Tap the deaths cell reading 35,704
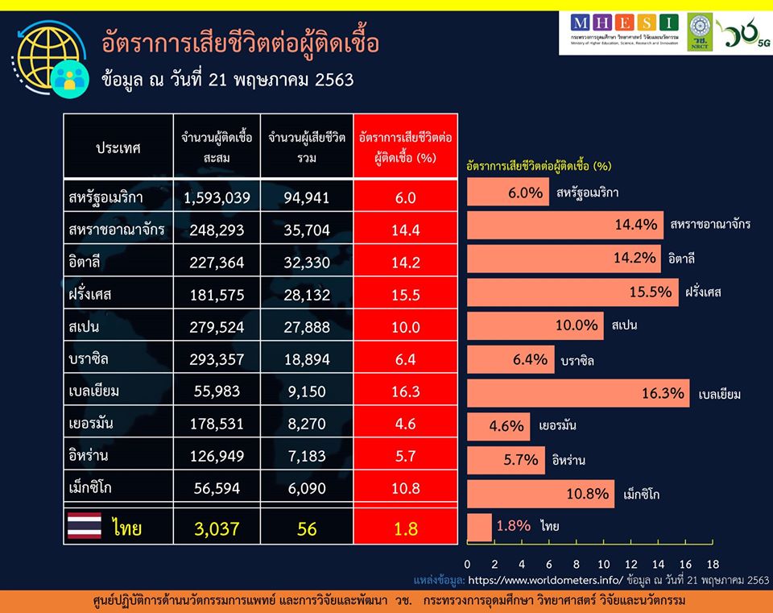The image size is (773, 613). click(x=307, y=230)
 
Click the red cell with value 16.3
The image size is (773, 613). click(x=405, y=391)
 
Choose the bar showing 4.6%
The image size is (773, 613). click(x=498, y=426)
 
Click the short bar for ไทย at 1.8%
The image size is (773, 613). click(x=479, y=527)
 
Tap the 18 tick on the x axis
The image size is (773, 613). click(x=713, y=564)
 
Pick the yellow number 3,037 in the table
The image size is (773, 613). click(x=217, y=528)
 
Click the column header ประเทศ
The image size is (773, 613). click(x=118, y=148)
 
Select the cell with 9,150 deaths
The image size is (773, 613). click(x=307, y=391)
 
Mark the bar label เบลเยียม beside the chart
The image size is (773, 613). click(x=719, y=395)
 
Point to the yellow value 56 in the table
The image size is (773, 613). click(x=307, y=528)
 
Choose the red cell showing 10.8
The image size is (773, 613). click(x=405, y=489)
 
